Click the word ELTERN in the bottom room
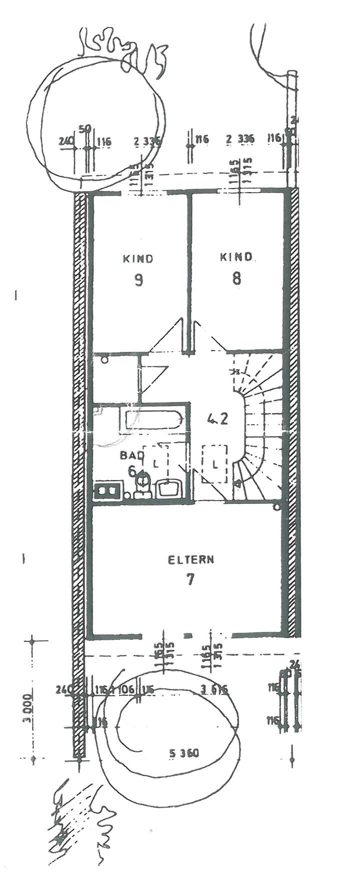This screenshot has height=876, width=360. point(190,559)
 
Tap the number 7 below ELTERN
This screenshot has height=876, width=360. point(190,579)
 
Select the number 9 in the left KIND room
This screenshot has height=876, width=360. point(138,279)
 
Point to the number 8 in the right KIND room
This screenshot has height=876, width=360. point(236,278)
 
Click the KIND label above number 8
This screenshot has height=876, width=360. point(236,257)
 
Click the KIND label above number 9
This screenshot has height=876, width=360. point(138,259)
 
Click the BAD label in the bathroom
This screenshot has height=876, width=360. point(131,456)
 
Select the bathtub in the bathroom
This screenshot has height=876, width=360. point(150,420)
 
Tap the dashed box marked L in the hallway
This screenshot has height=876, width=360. point(215,464)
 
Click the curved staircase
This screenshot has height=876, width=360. point(260,425)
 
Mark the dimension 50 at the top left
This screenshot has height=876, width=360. point(85,129)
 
